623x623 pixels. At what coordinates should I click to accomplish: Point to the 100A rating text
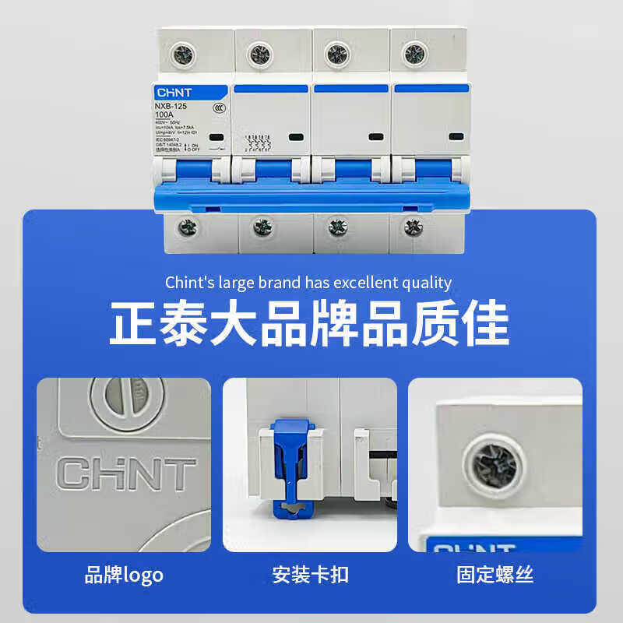coord(164,115)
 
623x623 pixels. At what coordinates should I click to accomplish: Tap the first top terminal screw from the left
coord(185,54)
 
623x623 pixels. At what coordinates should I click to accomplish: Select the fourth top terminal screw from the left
coord(414,54)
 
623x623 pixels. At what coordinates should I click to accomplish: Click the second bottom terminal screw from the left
coord(262,227)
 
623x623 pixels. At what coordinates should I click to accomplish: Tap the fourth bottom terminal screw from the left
coord(414,227)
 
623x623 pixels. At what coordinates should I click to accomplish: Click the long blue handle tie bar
coord(311,197)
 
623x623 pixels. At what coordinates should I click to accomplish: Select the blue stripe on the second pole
coord(272,89)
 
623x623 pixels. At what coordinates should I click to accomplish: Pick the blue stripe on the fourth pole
coord(431,89)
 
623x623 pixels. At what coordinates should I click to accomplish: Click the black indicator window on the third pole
coord(375,137)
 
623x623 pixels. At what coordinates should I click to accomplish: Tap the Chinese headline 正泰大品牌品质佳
coord(309,322)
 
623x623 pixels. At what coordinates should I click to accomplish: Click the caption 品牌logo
coord(124,575)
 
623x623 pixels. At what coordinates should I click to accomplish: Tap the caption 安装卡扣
coord(310,575)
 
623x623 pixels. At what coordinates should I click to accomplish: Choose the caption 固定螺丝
coord(495,575)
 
